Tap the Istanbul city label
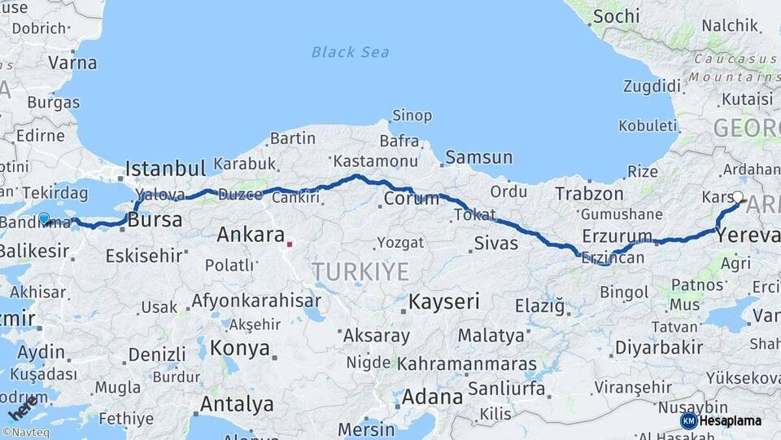point(165,169)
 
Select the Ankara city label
point(250,235)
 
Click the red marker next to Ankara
point(289,242)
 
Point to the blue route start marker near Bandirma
point(44,218)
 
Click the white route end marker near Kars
point(737,196)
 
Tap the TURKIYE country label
point(360,271)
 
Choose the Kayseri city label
point(443,301)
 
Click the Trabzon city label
point(589,194)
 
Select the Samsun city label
point(479,157)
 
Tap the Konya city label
point(239,349)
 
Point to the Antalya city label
point(237,404)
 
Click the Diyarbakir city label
point(659,348)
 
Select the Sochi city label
point(616,16)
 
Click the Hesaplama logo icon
point(688,420)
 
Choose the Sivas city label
point(496,242)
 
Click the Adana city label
point(433,398)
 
